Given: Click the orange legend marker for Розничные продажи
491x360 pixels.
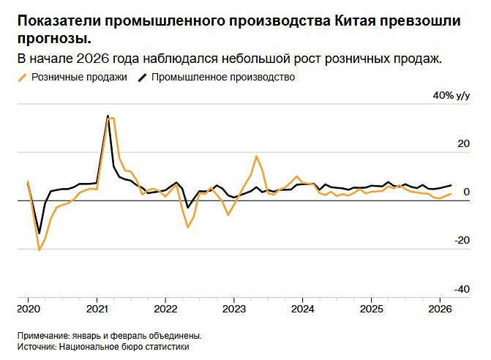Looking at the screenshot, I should [23, 78].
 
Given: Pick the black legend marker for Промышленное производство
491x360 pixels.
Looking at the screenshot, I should [142, 78].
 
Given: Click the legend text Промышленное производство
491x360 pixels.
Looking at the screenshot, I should [223, 78].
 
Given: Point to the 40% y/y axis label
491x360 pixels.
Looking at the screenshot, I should [451, 96].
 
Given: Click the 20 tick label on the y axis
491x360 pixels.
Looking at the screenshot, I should [463, 144].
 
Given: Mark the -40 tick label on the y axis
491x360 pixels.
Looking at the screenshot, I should [462, 288].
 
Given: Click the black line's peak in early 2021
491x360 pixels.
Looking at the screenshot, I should [108, 116].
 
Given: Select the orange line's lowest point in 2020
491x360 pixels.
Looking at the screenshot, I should [39, 250].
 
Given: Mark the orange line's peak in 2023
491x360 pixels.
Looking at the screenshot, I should [257, 156].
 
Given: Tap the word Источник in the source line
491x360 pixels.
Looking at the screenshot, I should [37, 348].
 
